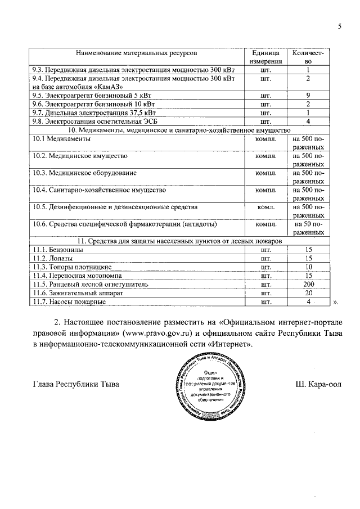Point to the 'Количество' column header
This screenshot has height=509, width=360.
308,57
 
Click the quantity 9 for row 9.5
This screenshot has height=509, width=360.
308,96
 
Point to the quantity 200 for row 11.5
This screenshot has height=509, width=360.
308,285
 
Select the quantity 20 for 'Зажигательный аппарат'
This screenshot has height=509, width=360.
308,293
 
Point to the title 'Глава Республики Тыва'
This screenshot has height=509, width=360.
76,385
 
